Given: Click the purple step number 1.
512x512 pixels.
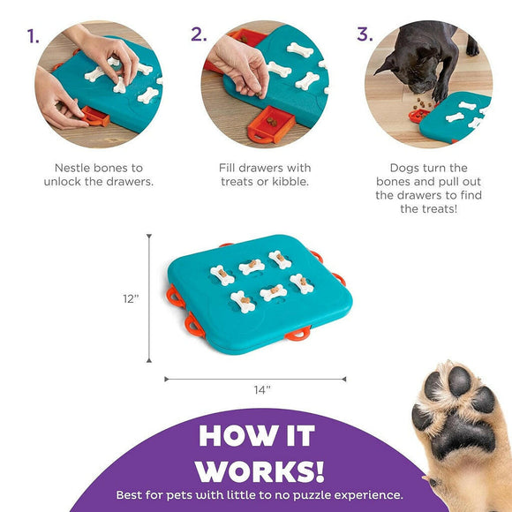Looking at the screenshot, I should pos(33,36).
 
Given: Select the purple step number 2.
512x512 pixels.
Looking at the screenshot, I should pos(199,35).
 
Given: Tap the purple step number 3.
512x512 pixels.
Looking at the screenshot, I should pos(364,35).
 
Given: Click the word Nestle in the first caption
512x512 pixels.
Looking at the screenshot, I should pos(73,167).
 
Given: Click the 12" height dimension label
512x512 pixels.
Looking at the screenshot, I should pos(132,298).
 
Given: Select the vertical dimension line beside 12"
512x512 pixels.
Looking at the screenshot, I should pos(149,298).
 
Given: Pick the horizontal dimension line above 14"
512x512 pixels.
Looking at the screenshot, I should pos(255,379).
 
